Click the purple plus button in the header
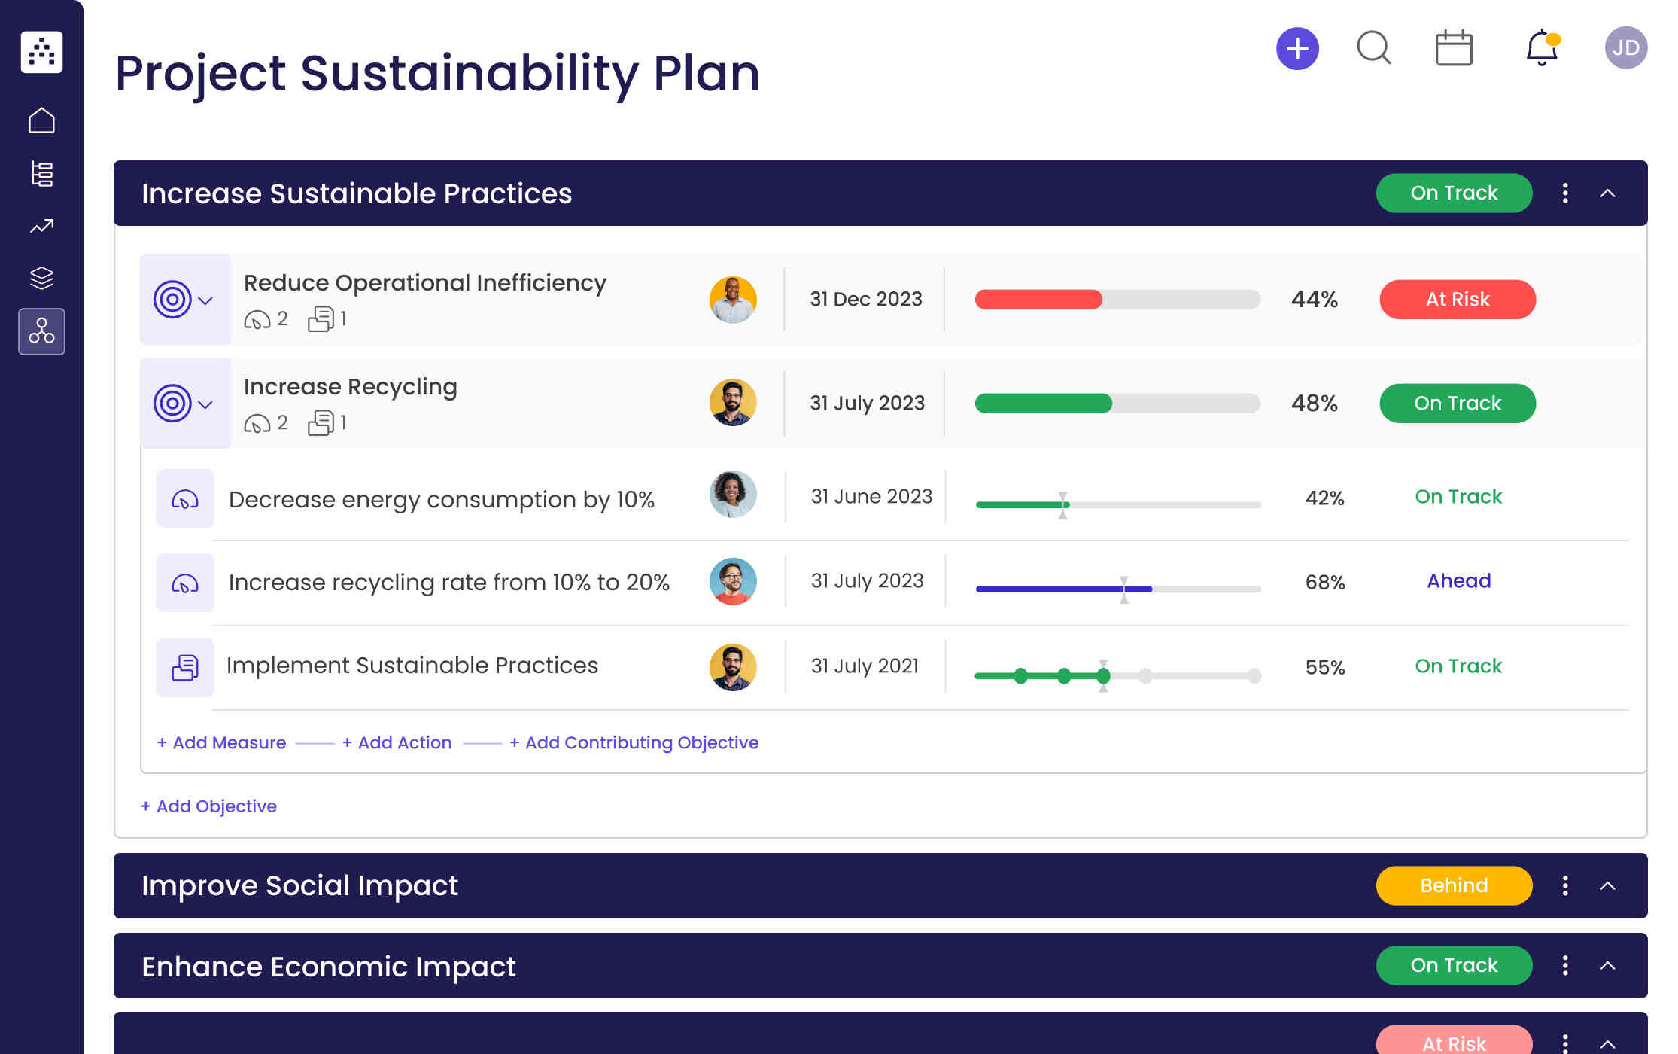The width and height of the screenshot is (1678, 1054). point(1297,49)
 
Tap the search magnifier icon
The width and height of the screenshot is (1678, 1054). point(1373,48)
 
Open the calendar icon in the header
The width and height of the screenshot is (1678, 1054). point(1454,48)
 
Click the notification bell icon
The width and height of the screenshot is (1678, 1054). point(1541,48)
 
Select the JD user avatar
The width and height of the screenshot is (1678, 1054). point(1625,48)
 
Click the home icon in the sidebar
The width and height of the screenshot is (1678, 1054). point(41,120)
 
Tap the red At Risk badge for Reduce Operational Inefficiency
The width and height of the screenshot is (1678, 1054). point(1457,300)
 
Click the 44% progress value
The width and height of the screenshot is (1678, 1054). point(1314,300)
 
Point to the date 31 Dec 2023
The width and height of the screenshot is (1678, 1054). point(865,300)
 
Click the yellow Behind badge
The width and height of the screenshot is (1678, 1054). point(1453,885)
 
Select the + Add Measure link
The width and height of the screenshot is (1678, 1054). point(221,742)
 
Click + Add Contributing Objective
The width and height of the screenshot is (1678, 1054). point(634,742)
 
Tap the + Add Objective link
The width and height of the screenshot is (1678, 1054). point(208,806)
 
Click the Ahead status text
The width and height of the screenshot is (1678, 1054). point(1458,581)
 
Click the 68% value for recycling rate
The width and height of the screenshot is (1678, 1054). point(1324,582)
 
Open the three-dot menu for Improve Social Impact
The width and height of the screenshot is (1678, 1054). point(1565,885)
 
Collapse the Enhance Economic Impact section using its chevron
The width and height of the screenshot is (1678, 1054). point(1607,966)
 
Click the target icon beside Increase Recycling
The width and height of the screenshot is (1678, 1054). point(172,404)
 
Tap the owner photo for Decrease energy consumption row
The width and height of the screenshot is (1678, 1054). point(732,495)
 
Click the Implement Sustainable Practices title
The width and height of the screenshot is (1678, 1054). point(412,666)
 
